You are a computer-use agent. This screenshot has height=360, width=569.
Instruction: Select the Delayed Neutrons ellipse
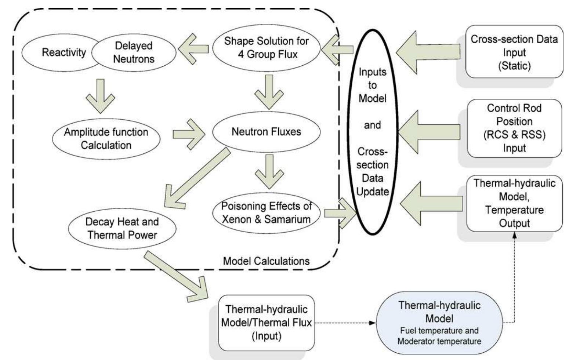[134, 52]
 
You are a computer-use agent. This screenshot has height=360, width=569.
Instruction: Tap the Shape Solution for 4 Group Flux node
[267, 47]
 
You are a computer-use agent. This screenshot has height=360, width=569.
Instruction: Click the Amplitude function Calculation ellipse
[106, 138]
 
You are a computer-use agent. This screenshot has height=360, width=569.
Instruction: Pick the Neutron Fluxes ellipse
[267, 131]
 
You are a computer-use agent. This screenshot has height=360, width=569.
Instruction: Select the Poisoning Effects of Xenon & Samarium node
[267, 213]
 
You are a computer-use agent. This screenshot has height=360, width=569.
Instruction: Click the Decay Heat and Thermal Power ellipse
[122, 228]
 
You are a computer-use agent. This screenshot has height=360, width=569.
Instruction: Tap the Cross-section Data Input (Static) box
[514, 52]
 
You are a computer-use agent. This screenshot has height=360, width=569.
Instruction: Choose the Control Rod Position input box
[514, 128]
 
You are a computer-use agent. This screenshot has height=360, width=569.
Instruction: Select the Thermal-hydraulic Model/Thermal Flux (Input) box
[267, 323]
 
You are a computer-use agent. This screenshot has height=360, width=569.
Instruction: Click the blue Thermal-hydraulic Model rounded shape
[439, 323]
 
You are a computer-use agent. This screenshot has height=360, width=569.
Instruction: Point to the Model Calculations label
[267, 261]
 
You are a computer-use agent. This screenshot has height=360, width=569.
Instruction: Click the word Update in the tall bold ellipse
[373, 192]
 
